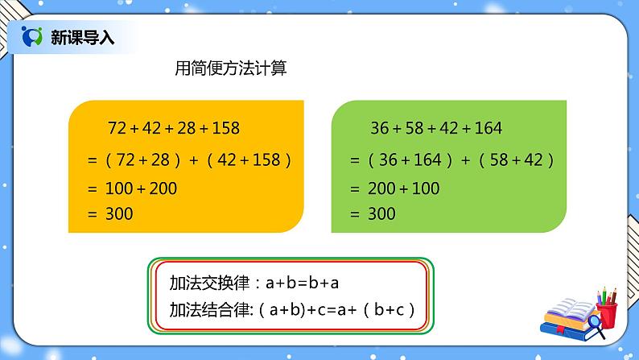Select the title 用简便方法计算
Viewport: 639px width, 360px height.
[x=231, y=69]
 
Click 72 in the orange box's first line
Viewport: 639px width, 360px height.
[x=118, y=127]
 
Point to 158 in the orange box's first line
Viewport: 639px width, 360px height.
[x=225, y=127]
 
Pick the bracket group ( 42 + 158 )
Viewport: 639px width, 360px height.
[x=248, y=159]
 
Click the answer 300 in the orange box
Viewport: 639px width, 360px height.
[x=119, y=213]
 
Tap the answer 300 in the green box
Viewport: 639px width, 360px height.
[x=381, y=213]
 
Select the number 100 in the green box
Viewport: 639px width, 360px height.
[x=426, y=188]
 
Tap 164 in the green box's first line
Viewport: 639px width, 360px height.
[x=488, y=127]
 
